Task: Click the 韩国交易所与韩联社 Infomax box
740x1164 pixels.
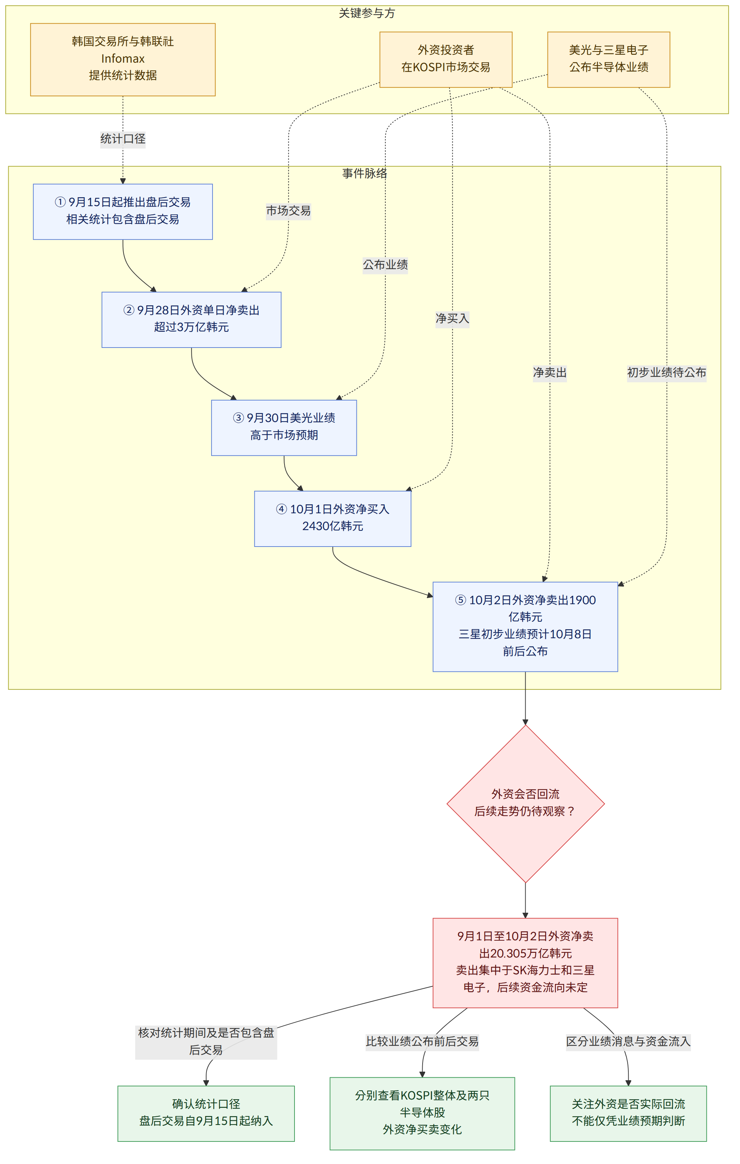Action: (123, 59)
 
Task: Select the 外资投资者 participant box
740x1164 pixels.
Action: (446, 59)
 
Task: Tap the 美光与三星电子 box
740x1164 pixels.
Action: (609, 59)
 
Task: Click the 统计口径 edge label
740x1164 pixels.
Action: (123, 139)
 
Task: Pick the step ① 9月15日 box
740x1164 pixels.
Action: (123, 212)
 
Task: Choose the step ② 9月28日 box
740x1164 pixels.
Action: (191, 320)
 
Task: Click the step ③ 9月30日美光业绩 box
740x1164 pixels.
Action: (284, 428)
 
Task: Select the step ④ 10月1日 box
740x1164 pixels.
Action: (332, 519)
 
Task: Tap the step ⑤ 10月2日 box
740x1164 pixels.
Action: (525, 626)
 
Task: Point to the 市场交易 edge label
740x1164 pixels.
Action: (288, 211)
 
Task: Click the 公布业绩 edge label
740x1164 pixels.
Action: (385, 265)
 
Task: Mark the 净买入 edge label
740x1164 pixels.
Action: (452, 319)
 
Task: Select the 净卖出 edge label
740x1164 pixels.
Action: (550, 373)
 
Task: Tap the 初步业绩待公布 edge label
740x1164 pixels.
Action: (667, 373)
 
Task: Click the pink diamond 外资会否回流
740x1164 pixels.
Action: (525, 804)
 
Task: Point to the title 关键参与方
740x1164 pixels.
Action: (367, 13)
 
